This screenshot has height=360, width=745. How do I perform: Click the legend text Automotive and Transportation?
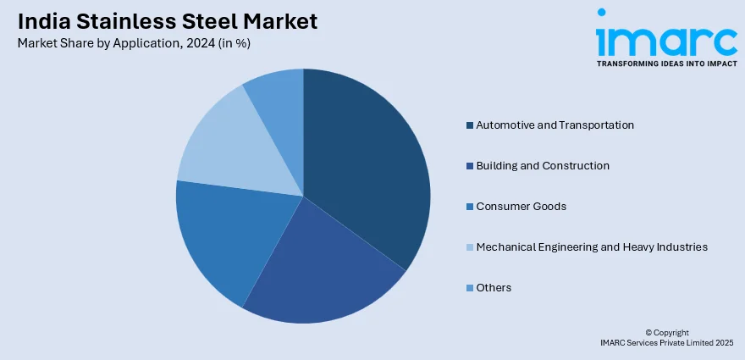[555, 125]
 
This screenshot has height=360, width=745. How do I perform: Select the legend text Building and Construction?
[543, 166]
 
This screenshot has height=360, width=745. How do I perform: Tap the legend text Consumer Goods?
[521, 207]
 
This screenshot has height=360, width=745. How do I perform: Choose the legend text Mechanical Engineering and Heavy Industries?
[592, 247]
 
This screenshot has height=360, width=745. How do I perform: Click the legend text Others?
[494, 288]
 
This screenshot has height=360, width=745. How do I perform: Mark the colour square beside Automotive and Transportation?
[469, 125]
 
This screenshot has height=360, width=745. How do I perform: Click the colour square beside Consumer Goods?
[469, 207]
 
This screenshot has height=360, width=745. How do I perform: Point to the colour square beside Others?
[469, 288]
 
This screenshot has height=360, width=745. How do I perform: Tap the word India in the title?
[40, 22]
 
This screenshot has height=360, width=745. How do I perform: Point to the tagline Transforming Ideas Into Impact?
[666, 64]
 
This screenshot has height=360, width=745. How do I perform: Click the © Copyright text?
[667, 332]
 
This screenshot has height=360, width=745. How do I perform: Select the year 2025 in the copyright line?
[725, 342]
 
